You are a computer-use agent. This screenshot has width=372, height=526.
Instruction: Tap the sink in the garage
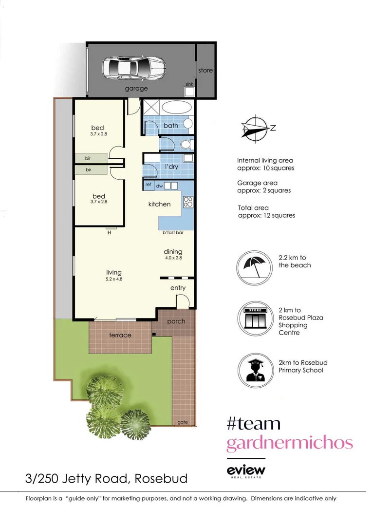point(189,91)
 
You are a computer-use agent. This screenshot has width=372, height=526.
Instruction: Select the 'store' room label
point(205,70)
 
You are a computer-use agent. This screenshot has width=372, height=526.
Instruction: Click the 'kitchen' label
point(159,204)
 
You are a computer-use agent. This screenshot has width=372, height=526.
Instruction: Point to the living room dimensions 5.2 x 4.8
point(114,280)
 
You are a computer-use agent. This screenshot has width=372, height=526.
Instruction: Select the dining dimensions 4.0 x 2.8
point(172,258)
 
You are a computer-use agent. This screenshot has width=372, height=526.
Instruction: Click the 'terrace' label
point(120,335)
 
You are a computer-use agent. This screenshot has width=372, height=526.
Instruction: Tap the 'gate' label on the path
point(183,422)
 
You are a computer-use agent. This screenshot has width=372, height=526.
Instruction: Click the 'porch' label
point(176,321)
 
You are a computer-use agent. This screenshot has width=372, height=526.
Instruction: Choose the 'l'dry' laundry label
point(171,167)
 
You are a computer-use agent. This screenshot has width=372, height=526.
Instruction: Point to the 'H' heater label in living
point(110,233)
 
